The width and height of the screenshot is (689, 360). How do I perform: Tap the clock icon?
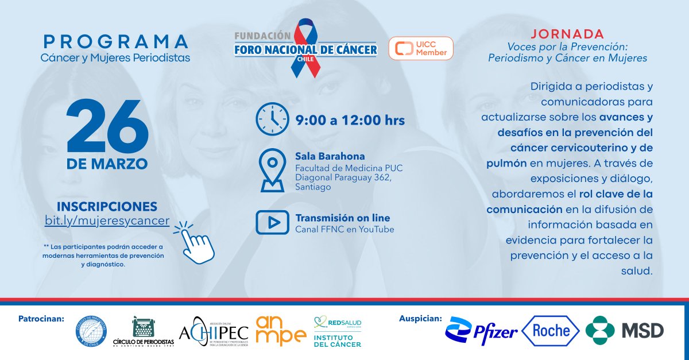tap(272, 119)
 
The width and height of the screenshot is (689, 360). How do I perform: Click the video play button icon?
tap(272, 222)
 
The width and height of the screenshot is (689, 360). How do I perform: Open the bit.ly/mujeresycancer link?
tap(107, 220)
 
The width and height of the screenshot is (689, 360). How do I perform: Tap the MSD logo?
tap(625, 330)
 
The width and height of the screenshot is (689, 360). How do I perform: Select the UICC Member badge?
tap(421, 48)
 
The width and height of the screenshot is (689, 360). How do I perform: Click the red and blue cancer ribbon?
tap(305, 48)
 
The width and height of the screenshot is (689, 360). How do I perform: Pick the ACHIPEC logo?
tap(214, 331)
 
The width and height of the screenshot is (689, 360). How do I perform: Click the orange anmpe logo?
tap(281, 330)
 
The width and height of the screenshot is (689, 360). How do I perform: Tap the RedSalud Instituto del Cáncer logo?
tap(338, 331)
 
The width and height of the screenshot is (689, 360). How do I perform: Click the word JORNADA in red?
tap(567, 34)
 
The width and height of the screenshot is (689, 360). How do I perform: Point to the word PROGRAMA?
tap(115, 42)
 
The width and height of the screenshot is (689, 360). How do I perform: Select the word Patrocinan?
tap(42, 318)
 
